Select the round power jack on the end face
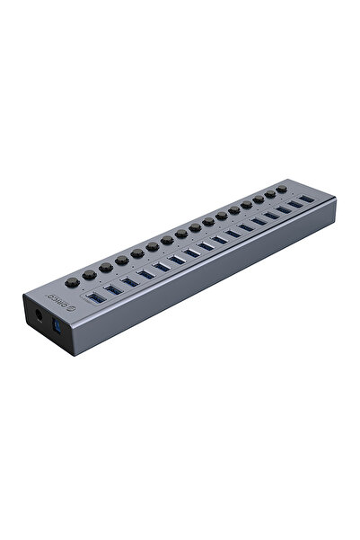point(39,316)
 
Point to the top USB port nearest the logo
point(94,297)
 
